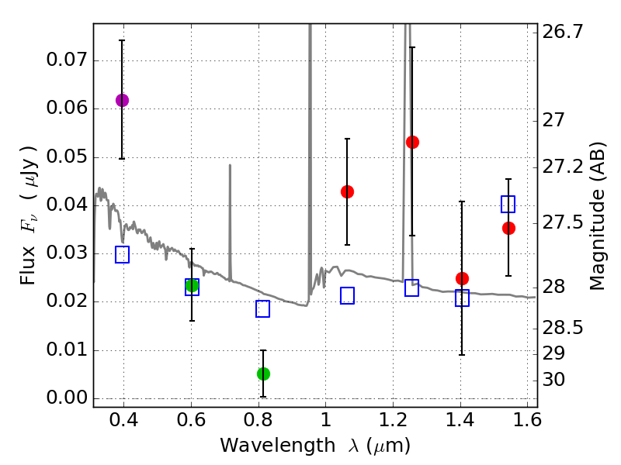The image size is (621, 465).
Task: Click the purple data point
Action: (122, 100)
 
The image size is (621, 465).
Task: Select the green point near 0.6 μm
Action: (192, 285)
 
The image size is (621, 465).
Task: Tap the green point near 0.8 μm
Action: (263, 374)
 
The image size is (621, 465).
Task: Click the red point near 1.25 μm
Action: (412, 142)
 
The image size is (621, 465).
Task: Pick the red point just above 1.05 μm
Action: (347, 191)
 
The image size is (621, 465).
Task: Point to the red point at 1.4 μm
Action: (462, 278)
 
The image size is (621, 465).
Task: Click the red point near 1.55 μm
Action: (508, 228)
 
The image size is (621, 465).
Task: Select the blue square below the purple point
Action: (122, 254)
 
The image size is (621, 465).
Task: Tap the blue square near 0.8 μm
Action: (262, 308)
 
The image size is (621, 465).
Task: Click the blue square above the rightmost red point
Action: (508, 204)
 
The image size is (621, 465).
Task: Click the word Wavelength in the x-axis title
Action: (267, 446)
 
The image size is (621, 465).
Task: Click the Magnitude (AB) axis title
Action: (598, 215)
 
